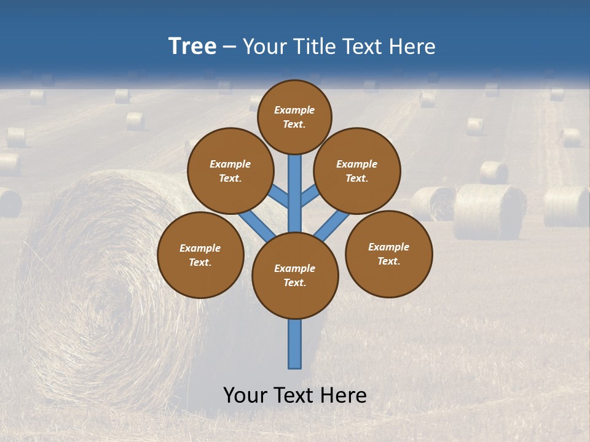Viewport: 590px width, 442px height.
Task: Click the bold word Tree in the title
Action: click(192, 47)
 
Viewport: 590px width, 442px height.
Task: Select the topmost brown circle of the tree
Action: click(294, 117)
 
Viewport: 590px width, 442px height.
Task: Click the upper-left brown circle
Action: click(230, 171)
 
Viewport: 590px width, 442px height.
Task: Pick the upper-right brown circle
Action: click(357, 171)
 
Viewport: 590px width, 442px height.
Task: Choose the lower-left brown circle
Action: click(200, 255)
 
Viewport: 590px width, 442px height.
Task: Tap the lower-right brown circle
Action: click(388, 254)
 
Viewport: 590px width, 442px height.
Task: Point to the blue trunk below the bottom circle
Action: click(295, 344)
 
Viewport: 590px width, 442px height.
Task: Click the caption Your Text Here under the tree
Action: click(295, 395)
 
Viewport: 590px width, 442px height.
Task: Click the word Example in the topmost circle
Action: click(294, 110)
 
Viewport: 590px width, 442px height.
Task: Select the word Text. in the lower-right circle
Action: click(388, 261)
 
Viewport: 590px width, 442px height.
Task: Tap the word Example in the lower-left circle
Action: click(200, 248)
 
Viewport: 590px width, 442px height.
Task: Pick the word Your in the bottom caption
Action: click(245, 395)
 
